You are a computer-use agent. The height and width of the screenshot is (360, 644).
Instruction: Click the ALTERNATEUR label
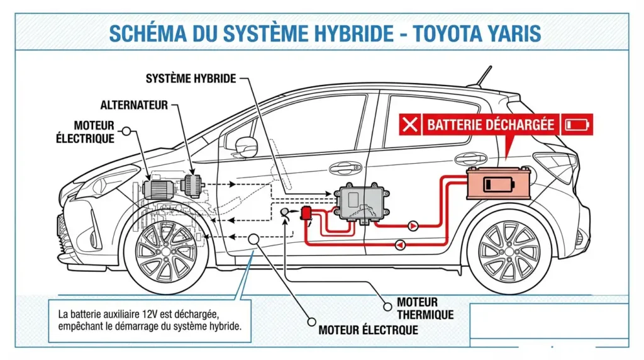coord(134,104)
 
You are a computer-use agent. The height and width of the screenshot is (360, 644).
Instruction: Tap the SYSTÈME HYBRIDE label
coord(191,79)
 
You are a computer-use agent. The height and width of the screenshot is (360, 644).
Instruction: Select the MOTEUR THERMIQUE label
coord(425,308)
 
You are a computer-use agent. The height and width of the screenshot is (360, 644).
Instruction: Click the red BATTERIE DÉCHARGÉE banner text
coord(491,125)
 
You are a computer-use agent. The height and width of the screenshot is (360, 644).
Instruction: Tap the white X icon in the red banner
coord(410,125)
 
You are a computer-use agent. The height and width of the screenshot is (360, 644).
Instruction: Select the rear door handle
coord(470,158)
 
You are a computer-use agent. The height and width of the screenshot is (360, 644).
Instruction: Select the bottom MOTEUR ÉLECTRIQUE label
coord(368,329)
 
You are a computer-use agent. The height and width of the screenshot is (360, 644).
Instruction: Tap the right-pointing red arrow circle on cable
coord(413,225)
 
